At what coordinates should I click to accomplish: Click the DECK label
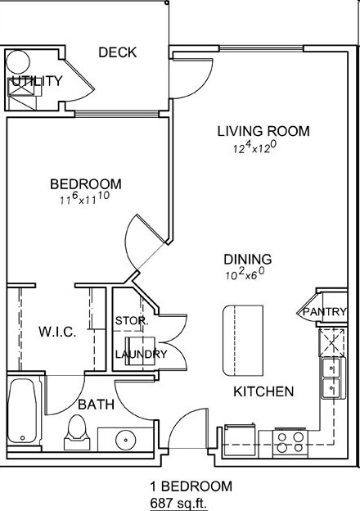pyautogui.click(x=118, y=52)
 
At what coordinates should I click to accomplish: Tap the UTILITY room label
pyautogui.click(x=37, y=81)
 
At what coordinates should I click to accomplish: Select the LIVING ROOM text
pyautogui.click(x=263, y=131)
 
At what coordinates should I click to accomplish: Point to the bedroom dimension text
pyautogui.click(x=84, y=198)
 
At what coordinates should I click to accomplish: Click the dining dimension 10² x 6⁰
pyautogui.click(x=245, y=274)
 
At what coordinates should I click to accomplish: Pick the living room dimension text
pyautogui.click(x=255, y=147)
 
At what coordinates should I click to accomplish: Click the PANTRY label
pyautogui.click(x=325, y=312)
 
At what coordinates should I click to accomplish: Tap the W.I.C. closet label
pyautogui.click(x=57, y=332)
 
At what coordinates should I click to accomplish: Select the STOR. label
pyautogui.click(x=132, y=321)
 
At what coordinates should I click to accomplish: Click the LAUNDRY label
pyautogui.click(x=142, y=355)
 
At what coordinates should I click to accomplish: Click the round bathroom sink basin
pyautogui.click(x=126, y=440)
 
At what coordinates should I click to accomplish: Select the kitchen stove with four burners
pyautogui.click(x=290, y=442)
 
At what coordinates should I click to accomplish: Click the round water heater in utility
pyautogui.click(x=18, y=61)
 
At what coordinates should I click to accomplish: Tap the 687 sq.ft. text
pyautogui.click(x=178, y=503)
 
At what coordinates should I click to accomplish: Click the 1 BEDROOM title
pyautogui.click(x=191, y=486)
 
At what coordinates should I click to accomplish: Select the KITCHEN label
pyautogui.click(x=263, y=391)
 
